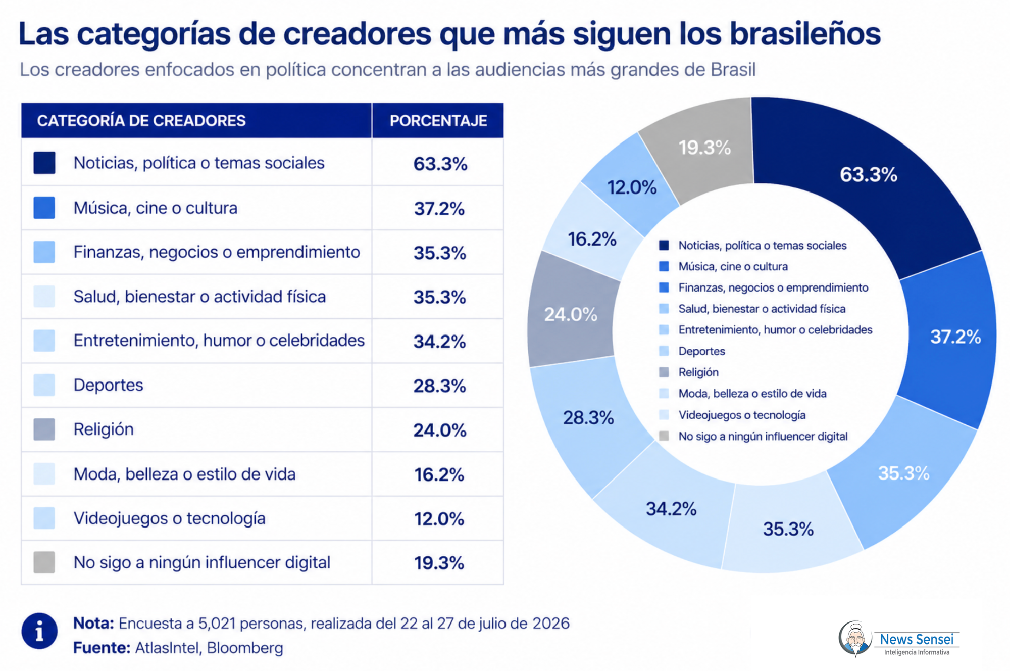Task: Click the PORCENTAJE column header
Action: click(438, 121)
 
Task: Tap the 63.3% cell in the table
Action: click(440, 164)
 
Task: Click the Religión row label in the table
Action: click(104, 429)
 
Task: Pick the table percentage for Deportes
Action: click(439, 386)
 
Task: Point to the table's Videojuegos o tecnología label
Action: click(169, 518)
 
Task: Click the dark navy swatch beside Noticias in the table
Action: click(44, 163)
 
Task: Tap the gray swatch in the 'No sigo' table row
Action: click(44, 562)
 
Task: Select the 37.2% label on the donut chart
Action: click(955, 337)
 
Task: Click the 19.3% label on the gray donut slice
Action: click(704, 148)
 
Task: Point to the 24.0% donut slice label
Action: click(571, 314)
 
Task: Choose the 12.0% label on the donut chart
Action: click(632, 187)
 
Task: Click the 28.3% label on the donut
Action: click(588, 417)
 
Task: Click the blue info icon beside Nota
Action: click(39, 631)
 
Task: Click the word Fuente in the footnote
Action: click(102, 648)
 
